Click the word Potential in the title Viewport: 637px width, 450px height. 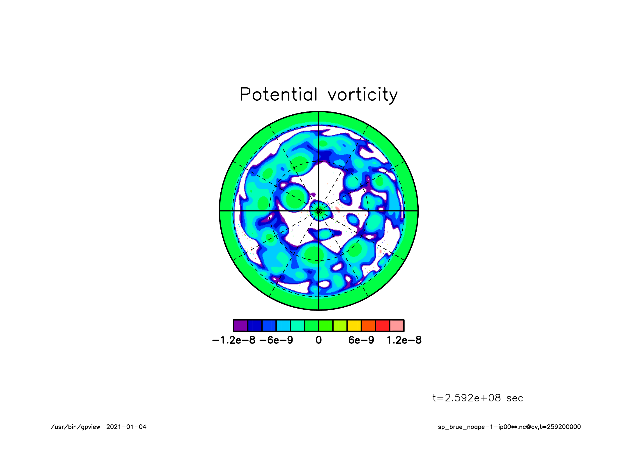click(x=279, y=94)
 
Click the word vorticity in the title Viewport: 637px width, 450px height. click(x=363, y=95)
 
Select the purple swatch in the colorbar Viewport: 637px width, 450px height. click(x=241, y=325)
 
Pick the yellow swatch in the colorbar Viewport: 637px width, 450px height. click(x=354, y=325)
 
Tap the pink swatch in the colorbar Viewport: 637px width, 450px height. click(x=397, y=325)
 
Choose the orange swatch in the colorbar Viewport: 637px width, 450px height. click(x=369, y=325)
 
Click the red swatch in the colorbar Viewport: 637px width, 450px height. click(x=383, y=325)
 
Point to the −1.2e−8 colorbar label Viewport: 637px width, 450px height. click(x=234, y=340)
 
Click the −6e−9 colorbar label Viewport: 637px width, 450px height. click(x=276, y=340)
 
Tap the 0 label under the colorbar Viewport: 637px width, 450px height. click(x=319, y=340)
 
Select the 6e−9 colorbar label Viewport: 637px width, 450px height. click(x=361, y=340)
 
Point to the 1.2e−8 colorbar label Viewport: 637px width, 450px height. click(x=404, y=340)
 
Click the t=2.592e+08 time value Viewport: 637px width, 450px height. click(x=467, y=398)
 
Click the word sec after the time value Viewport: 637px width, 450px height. click(x=515, y=398)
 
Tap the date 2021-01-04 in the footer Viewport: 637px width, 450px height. click(x=126, y=427)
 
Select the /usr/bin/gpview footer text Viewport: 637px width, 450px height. click(x=75, y=427)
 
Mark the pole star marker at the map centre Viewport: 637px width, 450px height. click(x=319, y=210)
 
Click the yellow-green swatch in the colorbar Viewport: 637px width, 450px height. click(x=340, y=325)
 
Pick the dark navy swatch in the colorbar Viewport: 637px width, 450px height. click(x=255, y=325)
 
